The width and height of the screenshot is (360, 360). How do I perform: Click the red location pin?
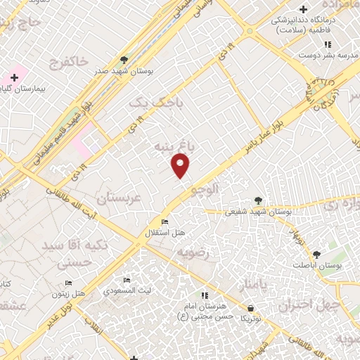(x=181, y=166)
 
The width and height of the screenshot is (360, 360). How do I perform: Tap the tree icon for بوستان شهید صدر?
(x=124, y=60)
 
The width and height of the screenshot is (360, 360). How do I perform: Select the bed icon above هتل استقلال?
(x=165, y=223)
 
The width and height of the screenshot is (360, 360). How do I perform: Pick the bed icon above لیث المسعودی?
(x=127, y=281)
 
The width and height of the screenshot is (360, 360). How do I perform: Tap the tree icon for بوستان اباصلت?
(x=316, y=255)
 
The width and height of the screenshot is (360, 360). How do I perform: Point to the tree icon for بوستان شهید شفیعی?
(x=258, y=200)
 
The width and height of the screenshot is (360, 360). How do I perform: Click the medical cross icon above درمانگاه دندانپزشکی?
(x=303, y=9)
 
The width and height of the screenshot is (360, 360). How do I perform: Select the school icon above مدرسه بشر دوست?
(x=326, y=44)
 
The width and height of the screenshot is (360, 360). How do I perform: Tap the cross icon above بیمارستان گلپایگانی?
(x=14, y=77)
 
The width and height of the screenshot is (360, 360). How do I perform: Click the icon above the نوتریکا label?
(x=251, y=308)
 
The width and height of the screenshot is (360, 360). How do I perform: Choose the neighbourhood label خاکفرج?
(x=68, y=63)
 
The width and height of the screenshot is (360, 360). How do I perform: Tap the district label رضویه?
(x=193, y=252)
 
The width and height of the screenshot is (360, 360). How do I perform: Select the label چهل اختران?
(x=309, y=305)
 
